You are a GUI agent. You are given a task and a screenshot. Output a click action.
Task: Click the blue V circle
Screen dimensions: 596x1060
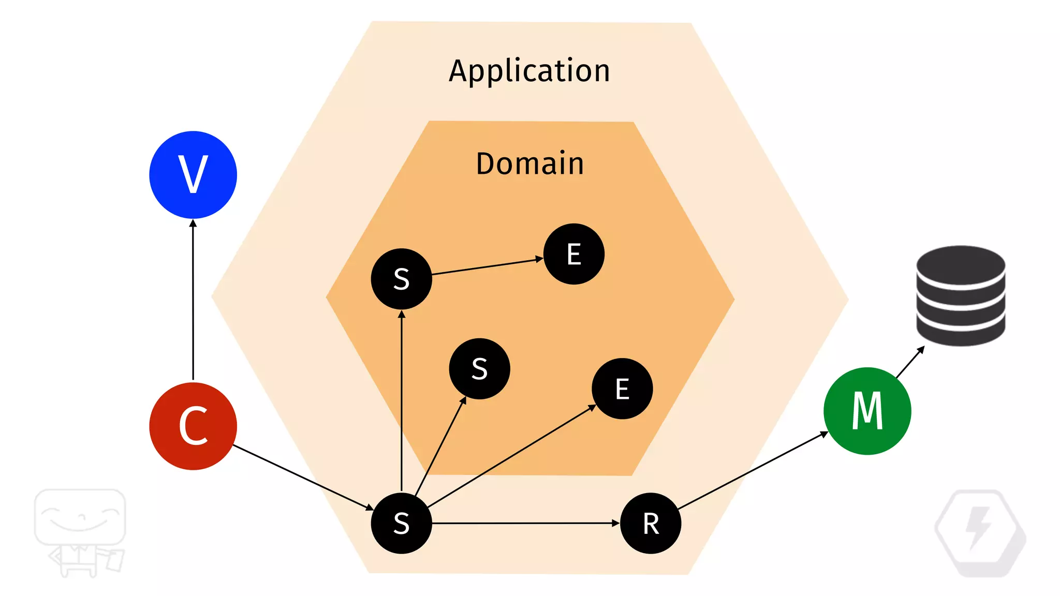click(x=193, y=175)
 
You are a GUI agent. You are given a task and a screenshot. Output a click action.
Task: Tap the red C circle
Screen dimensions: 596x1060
click(x=193, y=426)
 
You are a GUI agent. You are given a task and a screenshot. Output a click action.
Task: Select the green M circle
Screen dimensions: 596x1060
click(x=867, y=411)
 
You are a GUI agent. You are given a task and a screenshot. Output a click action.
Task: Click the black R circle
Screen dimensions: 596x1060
click(x=650, y=523)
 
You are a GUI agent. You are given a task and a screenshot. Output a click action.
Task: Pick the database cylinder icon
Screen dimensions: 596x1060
click(x=961, y=295)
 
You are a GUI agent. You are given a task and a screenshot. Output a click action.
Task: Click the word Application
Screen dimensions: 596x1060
click(x=529, y=71)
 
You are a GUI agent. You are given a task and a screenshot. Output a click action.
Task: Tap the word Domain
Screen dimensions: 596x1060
click(x=530, y=164)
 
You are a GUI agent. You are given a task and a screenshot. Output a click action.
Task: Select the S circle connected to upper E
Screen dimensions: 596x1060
click(x=401, y=279)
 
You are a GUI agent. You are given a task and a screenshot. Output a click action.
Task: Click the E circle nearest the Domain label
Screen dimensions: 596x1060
click(x=573, y=254)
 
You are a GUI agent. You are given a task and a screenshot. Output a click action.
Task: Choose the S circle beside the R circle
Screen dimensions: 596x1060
click(x=401, y=523)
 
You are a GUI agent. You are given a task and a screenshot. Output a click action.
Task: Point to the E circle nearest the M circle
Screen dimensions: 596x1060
click(x=622, y=389)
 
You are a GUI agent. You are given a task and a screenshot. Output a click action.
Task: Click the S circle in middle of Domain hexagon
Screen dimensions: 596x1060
click(x=479, y=369)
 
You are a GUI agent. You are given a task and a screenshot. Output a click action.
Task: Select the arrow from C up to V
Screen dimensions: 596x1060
click(x=193, y=300)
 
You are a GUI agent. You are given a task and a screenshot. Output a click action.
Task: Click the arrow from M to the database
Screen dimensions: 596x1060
click(x=909, y=362)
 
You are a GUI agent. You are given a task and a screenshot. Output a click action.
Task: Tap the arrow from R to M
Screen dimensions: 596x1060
click(x=753, y=471)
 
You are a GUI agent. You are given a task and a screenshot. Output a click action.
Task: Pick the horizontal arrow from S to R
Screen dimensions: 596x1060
click(x=525, y=523)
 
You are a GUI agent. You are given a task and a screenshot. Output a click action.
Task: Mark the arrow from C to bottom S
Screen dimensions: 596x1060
click(x=303, y=478)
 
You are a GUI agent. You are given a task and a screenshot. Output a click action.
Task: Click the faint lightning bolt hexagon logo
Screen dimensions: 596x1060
click(x=980, y=533)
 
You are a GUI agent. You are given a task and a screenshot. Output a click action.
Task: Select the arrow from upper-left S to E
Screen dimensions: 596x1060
click(x=487, y=266)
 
